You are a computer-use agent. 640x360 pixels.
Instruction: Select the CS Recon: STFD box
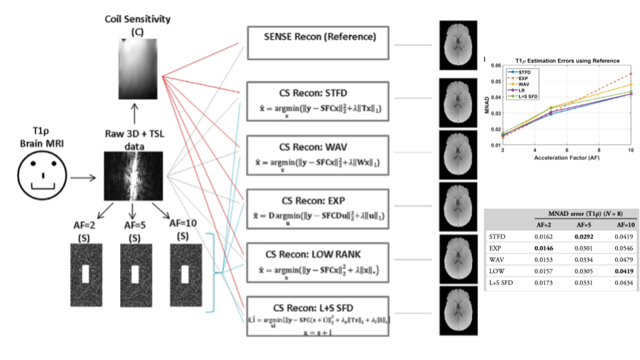pos(317,101)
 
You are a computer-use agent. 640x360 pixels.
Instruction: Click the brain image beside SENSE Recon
pos(457,45)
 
